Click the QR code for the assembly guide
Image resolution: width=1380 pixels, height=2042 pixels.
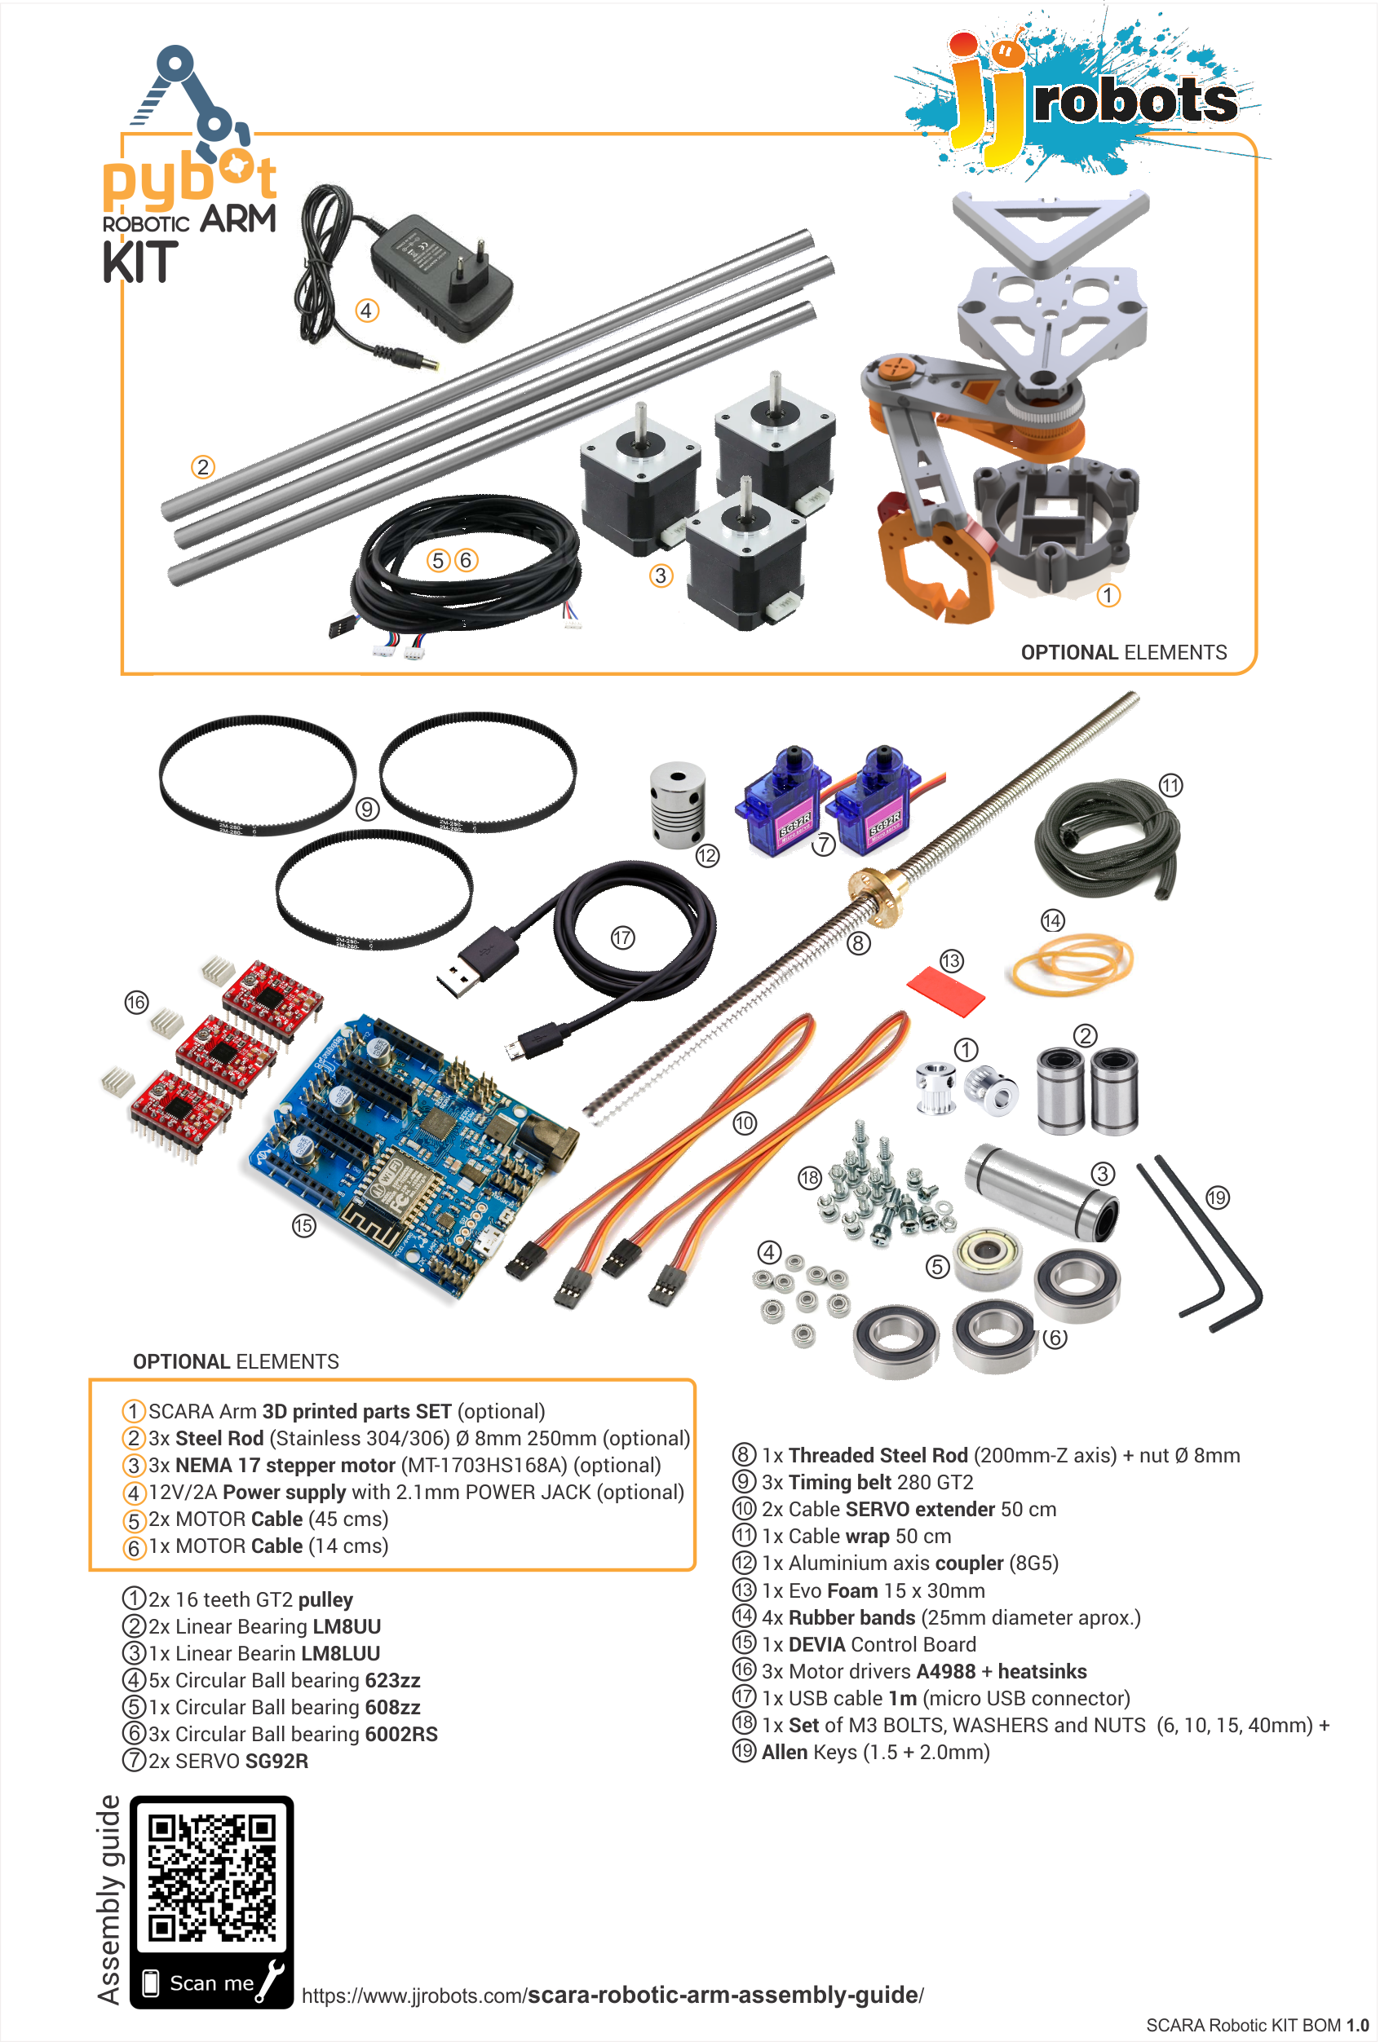pyautogui.click(x=211, y=1877)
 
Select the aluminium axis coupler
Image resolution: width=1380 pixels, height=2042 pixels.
pyautogui.click(x=677, y=805)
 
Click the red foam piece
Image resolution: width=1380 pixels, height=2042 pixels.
pyautogui.click(x=946, y=990)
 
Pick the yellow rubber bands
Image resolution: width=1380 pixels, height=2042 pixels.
pyautogui.click(x=1072, y=964)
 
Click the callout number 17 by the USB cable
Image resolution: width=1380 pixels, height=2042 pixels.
pyautogui.click(x=622, y=937)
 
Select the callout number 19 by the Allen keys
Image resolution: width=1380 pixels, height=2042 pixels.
pyautogui.click(x=1217, y=1197)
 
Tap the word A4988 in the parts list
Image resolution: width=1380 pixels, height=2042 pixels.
pyautogui.click(x=945, y=1671)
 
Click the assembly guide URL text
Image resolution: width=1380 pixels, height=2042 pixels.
pyautogui.click(x=612, y=1995)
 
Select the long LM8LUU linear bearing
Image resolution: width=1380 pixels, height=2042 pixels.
pyautogui.click(x=1042, y=1193)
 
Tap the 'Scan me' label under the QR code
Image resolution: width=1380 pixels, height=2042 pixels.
pyautogui.click(x=211, y=1983)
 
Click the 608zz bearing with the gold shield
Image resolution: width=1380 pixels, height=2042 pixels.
pyautogui.click(x=988, y=1259)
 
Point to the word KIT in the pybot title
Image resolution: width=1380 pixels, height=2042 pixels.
pyautogui.click(x=139, y=262)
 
